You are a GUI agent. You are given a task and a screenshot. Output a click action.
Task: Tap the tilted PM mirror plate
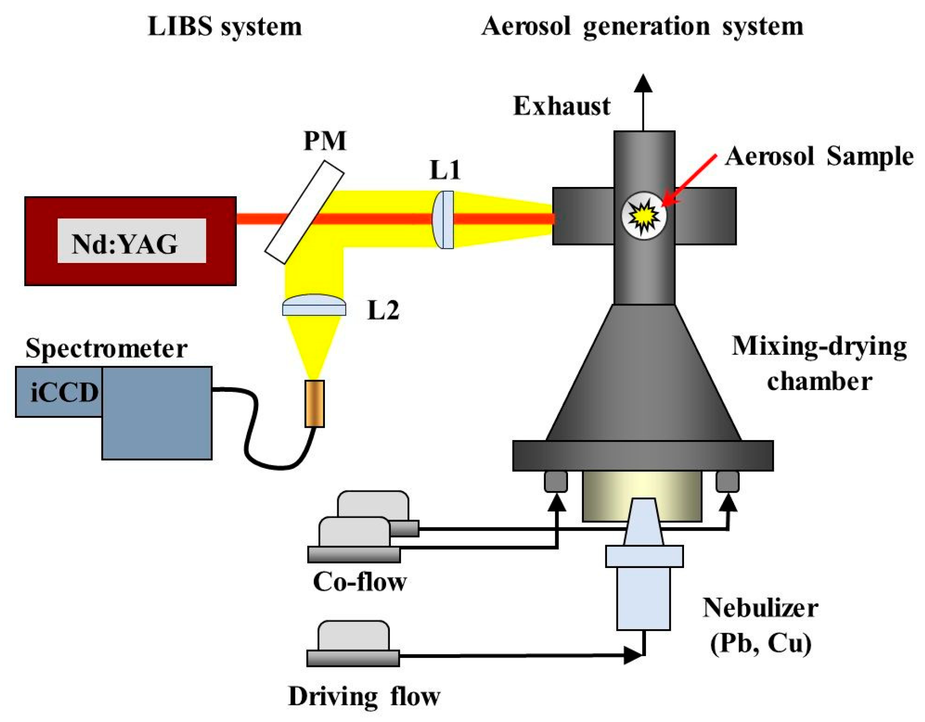tap(304, 212)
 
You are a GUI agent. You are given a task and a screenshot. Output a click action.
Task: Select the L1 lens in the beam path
tap(443, 219)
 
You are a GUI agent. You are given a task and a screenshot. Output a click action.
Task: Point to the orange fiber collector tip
tap(314, 403)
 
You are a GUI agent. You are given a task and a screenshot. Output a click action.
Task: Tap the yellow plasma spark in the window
tap(643, 216)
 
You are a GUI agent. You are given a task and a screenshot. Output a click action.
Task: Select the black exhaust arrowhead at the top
tap(643, 83)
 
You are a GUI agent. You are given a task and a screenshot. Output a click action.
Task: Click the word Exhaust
tap(561, 106)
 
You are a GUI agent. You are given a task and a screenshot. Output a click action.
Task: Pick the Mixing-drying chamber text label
tap(818, 364)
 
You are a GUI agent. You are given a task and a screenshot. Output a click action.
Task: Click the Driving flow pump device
tap(354, 643)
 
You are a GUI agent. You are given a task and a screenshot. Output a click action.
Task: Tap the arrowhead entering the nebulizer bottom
tap(632, 655)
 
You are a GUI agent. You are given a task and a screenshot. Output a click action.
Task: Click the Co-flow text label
tap(360, 582)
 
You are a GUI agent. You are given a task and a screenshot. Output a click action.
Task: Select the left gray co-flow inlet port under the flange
tap(556, 481)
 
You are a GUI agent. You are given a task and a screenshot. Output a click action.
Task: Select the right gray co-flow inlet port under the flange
tap(727, 481)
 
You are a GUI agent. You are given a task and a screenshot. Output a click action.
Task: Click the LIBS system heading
tap(225, 27)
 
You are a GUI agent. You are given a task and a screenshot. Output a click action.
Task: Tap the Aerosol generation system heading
tap(642, 27)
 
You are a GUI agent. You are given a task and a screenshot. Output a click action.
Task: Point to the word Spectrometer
tap(106, 348)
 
